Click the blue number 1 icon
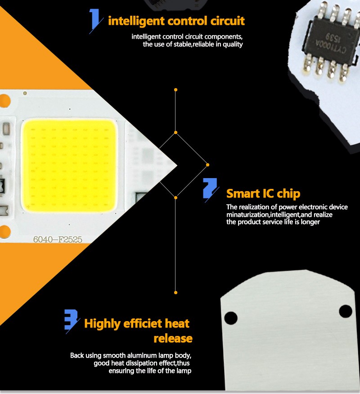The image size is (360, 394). click(x=95, y=20)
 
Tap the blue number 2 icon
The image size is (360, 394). click(x=210, y=189)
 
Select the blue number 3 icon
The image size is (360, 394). click(x=72, y=320)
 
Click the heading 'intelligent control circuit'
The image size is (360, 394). click(x=176, y=21)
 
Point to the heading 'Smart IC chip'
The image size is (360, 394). click(x=263, y=194)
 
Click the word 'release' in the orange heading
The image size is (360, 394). click(x=173, y=339)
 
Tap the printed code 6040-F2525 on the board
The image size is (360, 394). click(x=58, y=239)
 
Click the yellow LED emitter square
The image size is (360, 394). click(x=69, y=166)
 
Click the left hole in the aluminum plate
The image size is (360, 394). click(x=230, y=318)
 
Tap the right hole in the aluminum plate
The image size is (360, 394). click(x=346, y=311)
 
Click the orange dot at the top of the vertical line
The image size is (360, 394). click(x=176, y=90)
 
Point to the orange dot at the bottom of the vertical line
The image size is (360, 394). click(x=176, y=292)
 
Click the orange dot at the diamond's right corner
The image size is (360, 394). click(x=207, y=165)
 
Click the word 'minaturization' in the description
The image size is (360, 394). click(x=247, y=215)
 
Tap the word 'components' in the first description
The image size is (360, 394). click(x=224, y=37)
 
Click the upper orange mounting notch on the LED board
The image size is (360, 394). click(x=5, y=101)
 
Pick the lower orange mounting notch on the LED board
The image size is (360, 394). click(x=5, y=232)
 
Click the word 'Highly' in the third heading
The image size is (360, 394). click(x=102, y=324)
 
